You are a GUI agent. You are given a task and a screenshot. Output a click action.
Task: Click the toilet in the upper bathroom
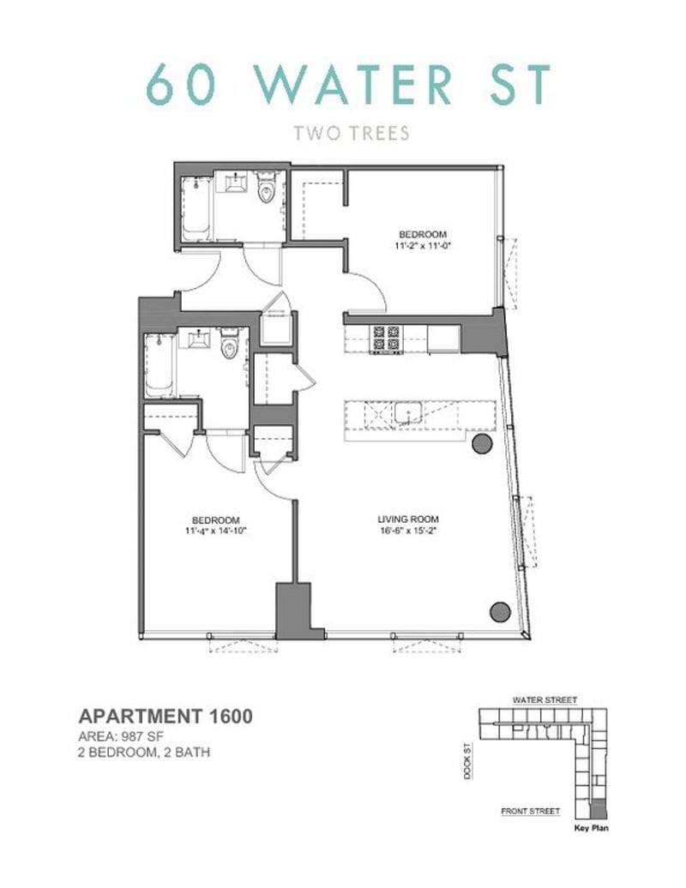coord(268,191)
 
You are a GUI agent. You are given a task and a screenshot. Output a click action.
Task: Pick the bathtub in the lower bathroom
coord(159,364)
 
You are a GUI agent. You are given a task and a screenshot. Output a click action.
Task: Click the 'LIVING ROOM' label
coord(408,519)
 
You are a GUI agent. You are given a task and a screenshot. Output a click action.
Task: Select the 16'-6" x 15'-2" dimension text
coord(408,530)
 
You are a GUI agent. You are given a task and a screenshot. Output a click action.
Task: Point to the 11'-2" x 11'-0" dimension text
coord(423,245)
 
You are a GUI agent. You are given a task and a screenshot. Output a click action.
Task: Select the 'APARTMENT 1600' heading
coord(165,717)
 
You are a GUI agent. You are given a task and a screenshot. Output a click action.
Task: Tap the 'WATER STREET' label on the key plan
coord(545,699)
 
